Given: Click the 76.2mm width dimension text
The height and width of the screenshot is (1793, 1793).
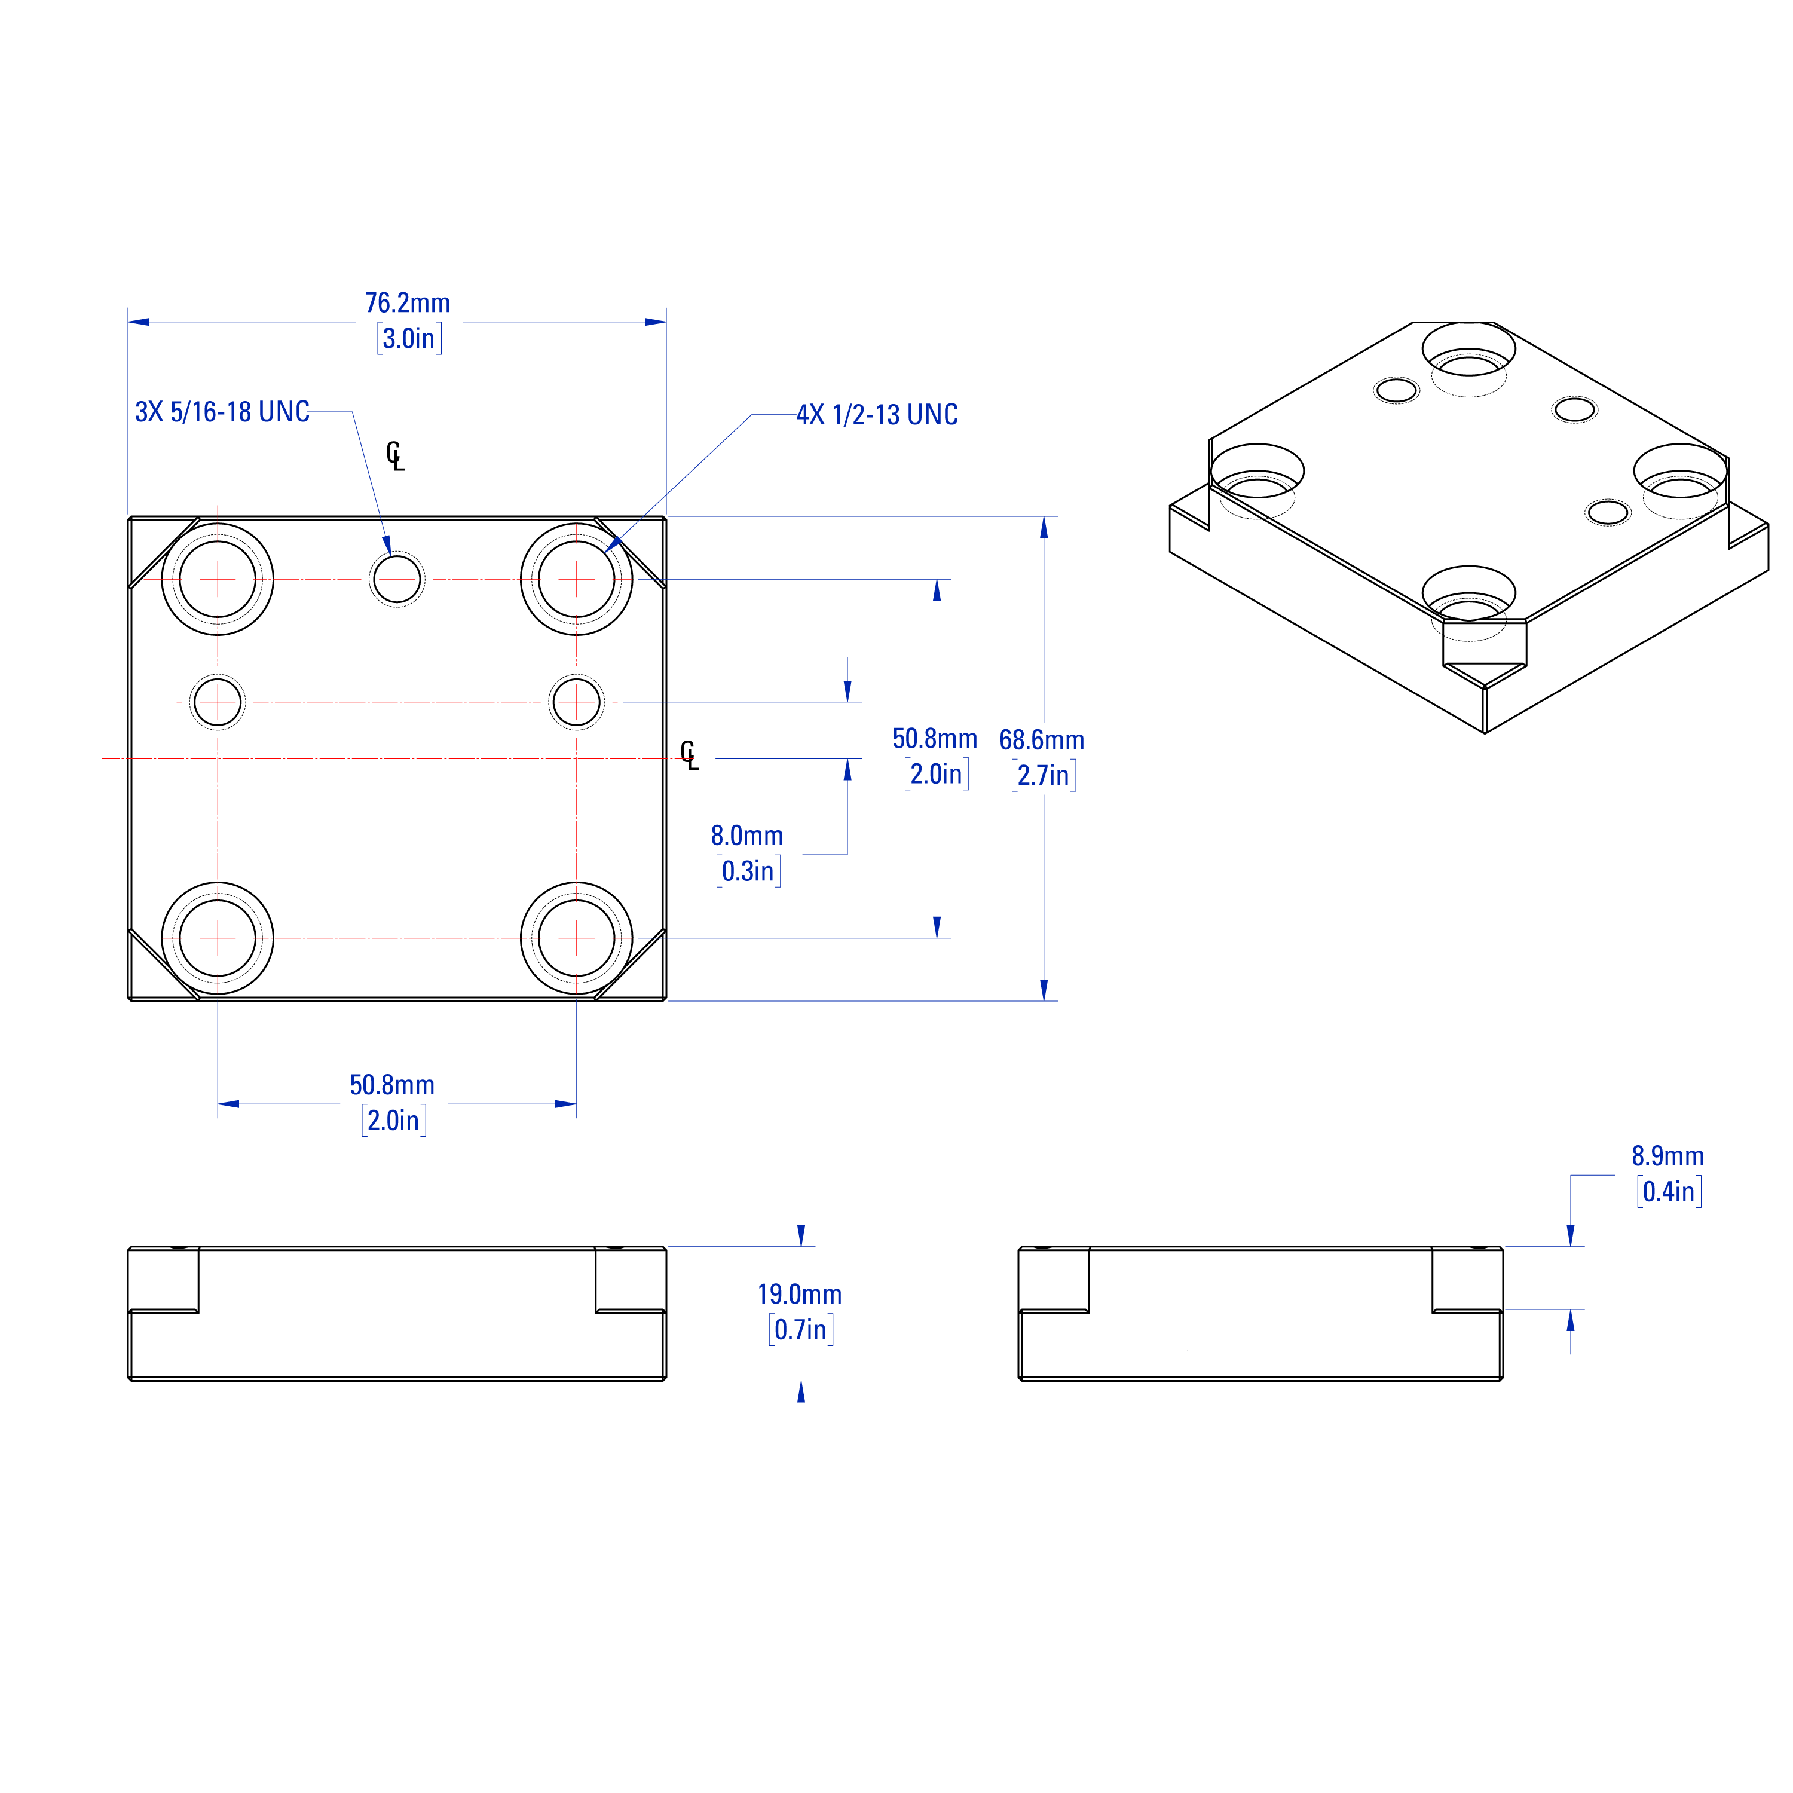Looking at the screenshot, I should tap(408, 304).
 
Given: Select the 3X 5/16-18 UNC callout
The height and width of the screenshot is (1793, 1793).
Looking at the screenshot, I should tap(222, 412).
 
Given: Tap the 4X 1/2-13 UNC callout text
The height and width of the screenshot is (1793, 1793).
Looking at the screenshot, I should tap(877, 415).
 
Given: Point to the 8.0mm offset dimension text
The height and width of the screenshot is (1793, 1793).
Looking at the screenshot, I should tap(747, 836).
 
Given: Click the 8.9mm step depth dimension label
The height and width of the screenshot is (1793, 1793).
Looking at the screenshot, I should tap(1667, 1156).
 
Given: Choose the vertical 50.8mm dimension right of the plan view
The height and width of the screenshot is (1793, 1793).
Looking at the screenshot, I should tap(935, 739).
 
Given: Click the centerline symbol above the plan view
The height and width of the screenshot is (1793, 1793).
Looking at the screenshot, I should tap(395, 455).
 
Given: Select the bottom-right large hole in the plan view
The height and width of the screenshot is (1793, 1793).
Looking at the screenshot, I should tap(576, 938).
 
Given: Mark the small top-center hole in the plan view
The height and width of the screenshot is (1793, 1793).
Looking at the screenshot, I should tap(397, 579).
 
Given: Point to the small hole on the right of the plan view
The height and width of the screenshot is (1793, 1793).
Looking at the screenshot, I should tap(576, 702).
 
